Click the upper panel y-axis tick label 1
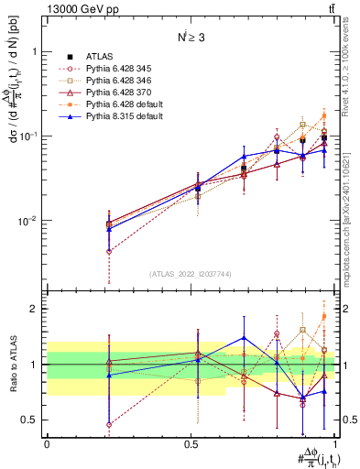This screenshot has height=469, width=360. [x=38, y=52]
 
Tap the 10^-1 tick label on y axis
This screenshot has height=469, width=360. [x=33, y=136]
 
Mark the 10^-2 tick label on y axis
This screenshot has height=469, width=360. [x=33, y=221]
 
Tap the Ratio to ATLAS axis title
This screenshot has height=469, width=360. [x=13, y=364]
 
